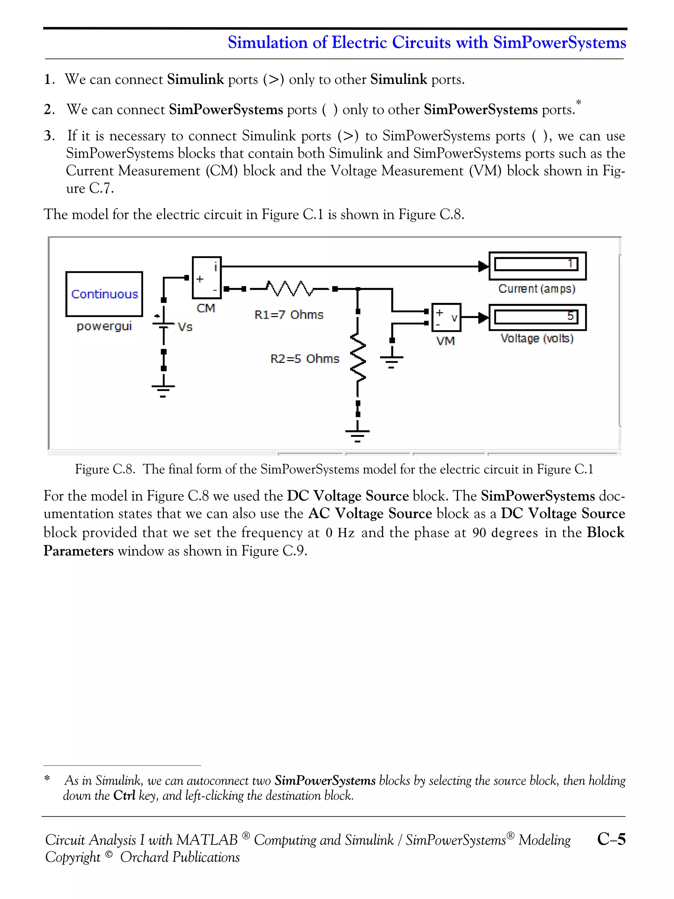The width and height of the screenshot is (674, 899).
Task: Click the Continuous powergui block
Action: click(x=104, y=294)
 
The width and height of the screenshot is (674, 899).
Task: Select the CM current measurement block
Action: click(x=206, y=278)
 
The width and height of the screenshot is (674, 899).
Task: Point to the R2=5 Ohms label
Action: click(x=304, y=358)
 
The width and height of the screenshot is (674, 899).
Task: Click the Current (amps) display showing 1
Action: click(x=537, y=265)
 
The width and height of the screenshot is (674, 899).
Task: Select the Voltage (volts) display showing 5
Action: click(x=537, y=317)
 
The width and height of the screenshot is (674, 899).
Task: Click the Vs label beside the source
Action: click(x=185, y=327)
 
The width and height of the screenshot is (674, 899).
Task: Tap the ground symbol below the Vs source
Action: click(x=163, y=390)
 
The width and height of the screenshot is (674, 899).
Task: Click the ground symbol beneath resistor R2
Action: click(x=357, y=435)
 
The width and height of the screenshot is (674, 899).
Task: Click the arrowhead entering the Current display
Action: click(x=483, y=267)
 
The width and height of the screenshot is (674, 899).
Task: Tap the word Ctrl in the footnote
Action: click(x=124, y=795)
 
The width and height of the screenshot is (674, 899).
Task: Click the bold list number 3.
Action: click(x=48, y=135)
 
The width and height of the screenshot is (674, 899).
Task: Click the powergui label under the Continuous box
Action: click(x=104, y=326)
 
